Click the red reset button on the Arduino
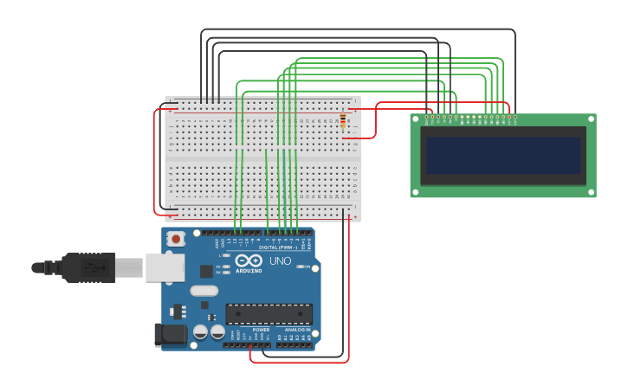(x=176, y=239)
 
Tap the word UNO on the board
(x=281, y=260)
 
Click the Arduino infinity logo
(x=249, y=260)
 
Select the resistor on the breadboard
(x=343, y=121)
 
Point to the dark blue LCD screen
(x=502, y=155)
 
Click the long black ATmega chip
(x=269, y=314)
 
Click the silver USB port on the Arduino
(x=165, y=267)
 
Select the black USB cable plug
(x=89, y=267)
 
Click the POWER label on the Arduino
(x=261, y=330)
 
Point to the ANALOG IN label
(x=297, y=330)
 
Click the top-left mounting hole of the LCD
(x=414, y=118)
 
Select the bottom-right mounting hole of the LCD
(x=592, y=194)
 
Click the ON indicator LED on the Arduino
(x=299, y=267)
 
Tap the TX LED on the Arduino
(x=226, y=266)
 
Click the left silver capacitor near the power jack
(x=201, y=331)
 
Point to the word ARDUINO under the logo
(x=249, y=270)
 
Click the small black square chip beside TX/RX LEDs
(x=206, y=271)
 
